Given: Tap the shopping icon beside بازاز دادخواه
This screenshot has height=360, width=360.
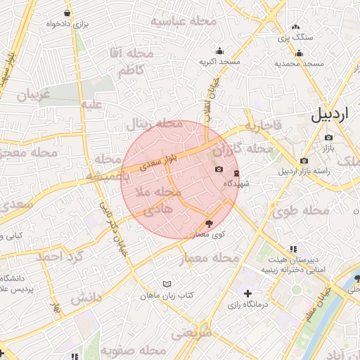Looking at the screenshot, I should (67, 13).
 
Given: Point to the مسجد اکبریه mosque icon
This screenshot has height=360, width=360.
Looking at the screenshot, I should (219, 51).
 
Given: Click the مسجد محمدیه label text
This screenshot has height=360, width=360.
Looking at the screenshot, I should (299, 63).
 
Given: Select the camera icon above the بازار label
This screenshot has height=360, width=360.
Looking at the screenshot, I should (328, 137).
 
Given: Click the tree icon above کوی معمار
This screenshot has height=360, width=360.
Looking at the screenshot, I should (208, 222).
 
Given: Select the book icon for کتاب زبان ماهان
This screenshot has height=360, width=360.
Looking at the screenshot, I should (166, 284).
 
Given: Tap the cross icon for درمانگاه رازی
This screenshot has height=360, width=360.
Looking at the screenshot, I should (247, 293).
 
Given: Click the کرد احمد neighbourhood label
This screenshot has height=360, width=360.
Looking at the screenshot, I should (60, 257).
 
